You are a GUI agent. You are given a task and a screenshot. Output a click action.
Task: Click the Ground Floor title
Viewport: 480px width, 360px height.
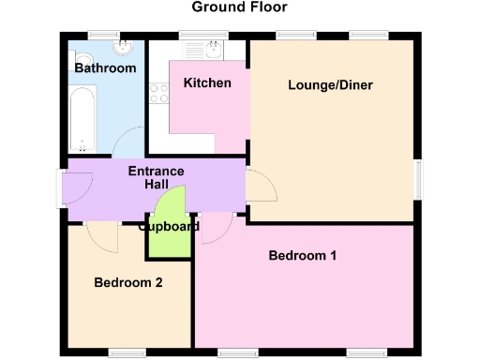(x=239, y=7)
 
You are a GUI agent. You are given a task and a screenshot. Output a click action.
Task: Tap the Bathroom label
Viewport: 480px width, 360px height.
(x=105, y=68)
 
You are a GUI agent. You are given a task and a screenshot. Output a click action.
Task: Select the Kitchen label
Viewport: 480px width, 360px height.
(x=206, y=83)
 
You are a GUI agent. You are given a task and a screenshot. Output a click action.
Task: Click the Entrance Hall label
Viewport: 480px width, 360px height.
(x=156, y=178)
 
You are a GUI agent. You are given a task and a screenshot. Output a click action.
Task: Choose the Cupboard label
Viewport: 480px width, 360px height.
(x=169, y=227)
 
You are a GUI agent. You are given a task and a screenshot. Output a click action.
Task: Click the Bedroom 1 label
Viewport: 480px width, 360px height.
(x=302, y=255)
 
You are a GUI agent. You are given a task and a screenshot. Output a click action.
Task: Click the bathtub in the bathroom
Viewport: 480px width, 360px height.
(x=82, y=119)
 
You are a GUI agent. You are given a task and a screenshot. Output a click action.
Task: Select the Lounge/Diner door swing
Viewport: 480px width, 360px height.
(x=262, y=187)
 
